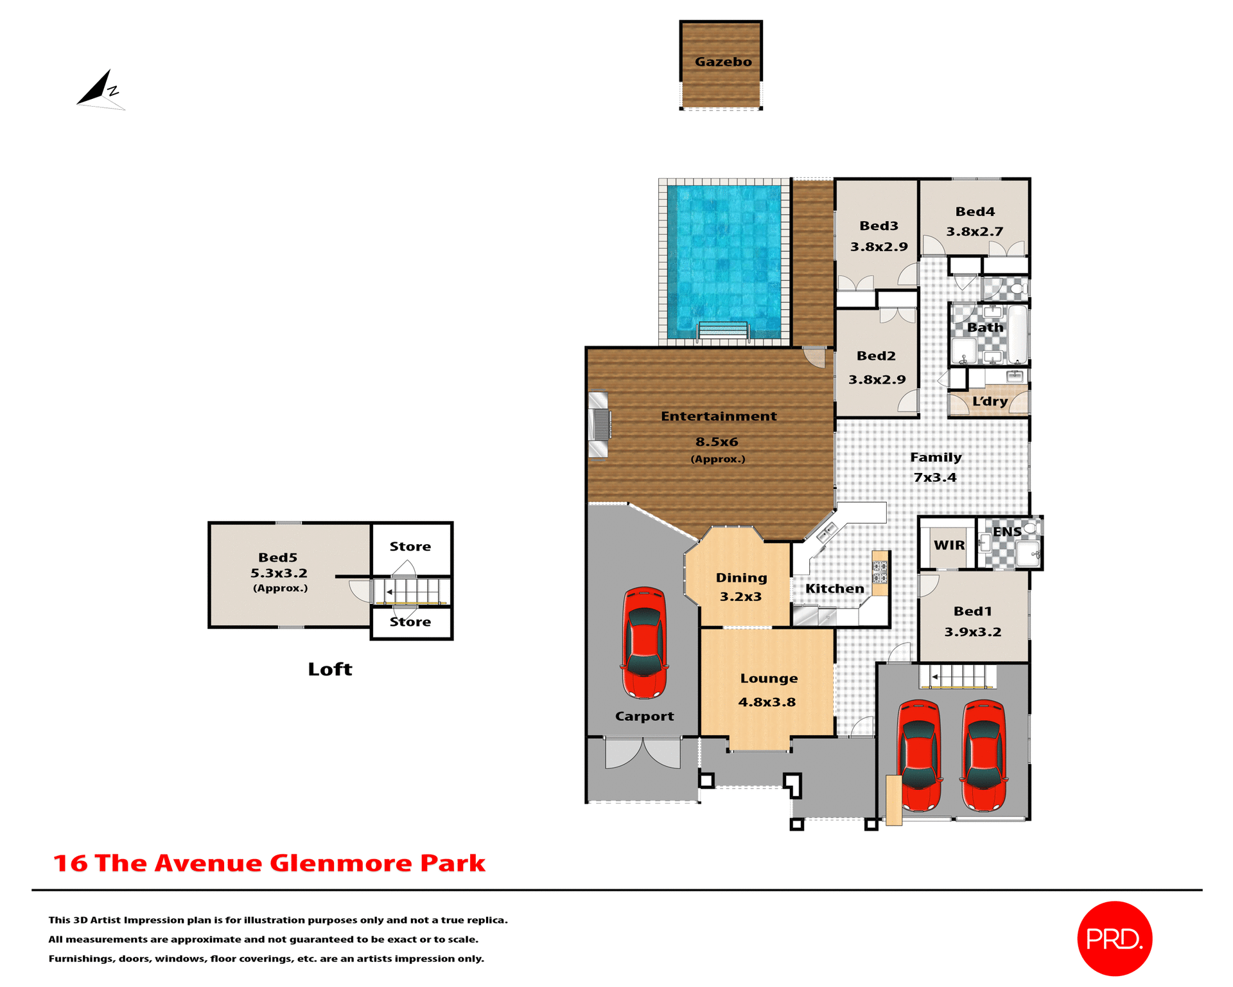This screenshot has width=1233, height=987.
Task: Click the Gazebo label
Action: (x=722, y=62)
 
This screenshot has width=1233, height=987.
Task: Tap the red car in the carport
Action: (x=643, y=643)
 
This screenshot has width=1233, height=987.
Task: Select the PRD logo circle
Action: (x=1114, y=938)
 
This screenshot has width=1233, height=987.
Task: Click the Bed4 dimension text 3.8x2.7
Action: (x=974, y=231)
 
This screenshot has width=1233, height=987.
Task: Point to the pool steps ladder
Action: (x=723, y=330)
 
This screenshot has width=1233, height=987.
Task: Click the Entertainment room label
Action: (x=719, y=416)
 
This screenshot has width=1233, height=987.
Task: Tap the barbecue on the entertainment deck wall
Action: (x=599, y=425)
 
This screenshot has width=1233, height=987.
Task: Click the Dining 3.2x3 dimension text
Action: (x=740, y=596)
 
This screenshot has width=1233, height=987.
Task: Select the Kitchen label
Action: (x=834, y=589)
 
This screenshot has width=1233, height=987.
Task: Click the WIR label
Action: (x=949, y=545)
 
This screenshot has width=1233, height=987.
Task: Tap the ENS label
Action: (x=1006, y=532)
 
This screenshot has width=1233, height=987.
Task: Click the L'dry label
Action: (x=990, y=402)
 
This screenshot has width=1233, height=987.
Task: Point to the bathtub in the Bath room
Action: (x=1017, y=334)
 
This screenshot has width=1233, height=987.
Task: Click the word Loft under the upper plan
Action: (x=330, y=670)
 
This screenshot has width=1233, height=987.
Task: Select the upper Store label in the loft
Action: (x=410, y=546)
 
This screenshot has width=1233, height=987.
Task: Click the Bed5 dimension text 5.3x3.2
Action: (x=279, y=573)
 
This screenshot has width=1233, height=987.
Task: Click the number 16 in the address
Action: (x=70, y=863)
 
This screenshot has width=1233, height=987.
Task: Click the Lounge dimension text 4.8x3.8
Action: (x=767, y=702)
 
